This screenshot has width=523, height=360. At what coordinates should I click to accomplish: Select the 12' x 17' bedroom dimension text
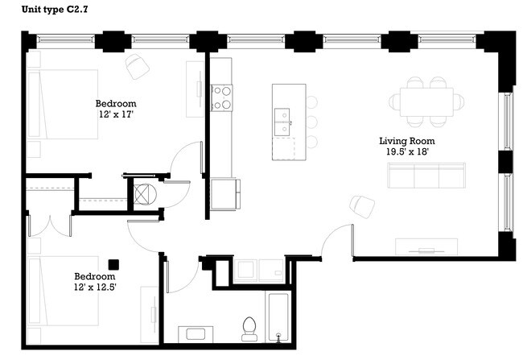115,115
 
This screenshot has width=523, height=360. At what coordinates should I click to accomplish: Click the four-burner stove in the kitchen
221,97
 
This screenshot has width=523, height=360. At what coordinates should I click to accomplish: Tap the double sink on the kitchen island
282,122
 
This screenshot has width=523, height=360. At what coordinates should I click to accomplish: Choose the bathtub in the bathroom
277,319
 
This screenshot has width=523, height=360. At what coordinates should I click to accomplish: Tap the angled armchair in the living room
362,205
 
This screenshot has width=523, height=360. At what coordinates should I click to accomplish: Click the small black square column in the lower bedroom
113,263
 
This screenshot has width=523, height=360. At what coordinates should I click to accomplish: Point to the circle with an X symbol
142,195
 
